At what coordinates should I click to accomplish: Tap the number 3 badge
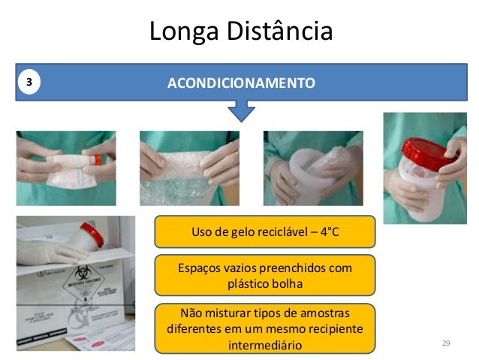coord(29,82)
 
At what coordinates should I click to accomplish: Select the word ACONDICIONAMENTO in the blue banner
coord(241,82)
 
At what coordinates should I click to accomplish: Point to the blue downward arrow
coord(241,112)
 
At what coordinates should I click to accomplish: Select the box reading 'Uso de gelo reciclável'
coord(265,231)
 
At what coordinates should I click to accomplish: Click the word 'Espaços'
coord(199,268)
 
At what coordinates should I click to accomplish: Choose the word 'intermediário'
coord(264,345)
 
